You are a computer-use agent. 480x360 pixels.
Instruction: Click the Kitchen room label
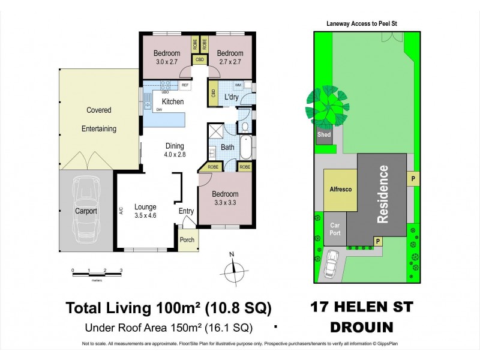tap(172, 102)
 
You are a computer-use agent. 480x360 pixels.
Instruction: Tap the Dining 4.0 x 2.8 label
tap(175, 150)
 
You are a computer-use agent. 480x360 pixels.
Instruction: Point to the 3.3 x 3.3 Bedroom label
tap(225, 198)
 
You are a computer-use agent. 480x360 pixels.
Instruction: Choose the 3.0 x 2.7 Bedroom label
tap(165, 57)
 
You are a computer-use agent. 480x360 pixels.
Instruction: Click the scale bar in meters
tap(97, 272)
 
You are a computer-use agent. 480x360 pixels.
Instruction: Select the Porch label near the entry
tap(187, 240)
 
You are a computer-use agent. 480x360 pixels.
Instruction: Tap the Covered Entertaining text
tap(99, 119)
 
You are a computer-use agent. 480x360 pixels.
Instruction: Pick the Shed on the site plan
tap(324, 135)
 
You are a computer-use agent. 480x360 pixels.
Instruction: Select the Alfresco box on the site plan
tap(340, 189)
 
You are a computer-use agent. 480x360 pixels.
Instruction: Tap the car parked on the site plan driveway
tap(332, 262)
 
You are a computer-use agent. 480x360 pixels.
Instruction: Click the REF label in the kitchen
tap(185, 86)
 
